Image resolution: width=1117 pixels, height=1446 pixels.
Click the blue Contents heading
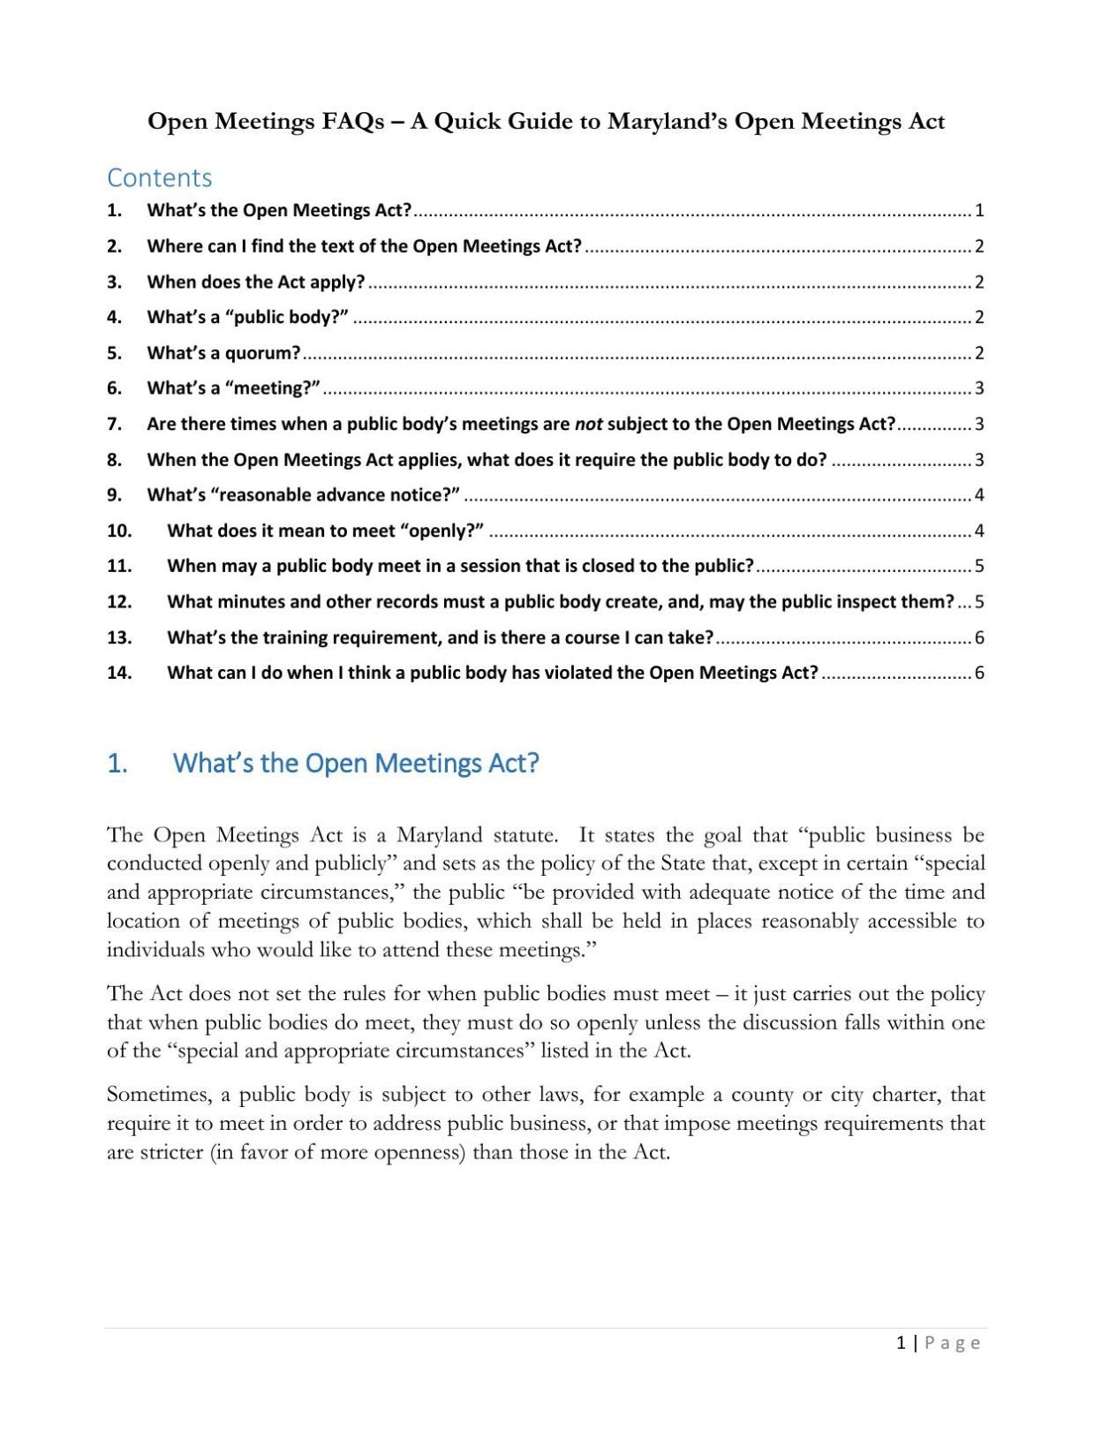pyautogui.click(x=159, y=177)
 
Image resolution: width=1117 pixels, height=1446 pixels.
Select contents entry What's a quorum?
pyautogui.click(x=223, y=353)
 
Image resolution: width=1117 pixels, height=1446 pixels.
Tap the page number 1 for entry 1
pyautogui.click(x=979, y=211)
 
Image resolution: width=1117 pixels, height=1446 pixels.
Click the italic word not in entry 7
pyautogui.click(x=588, y=424)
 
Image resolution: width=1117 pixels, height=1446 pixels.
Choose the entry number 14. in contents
pyautogui.click(x=119, y=673)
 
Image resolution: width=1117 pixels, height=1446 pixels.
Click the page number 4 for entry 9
pyautogui.click(x=979, y=495)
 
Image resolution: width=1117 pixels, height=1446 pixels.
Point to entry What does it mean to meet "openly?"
pyautogui.click(x=325, y=531)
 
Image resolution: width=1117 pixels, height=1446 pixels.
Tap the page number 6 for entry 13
pyautogui.click(x=979, y=637)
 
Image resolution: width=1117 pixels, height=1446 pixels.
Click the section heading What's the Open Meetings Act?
pyautogui.click(x=355, y=763)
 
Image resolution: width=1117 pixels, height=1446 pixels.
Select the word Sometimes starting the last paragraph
pyautogui.click(x=158, y=1095)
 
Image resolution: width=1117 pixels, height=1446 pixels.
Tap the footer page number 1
pyautogui.click(x=900, y=1343)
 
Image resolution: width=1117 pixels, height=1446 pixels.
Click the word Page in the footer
pyautogui.click(x=952, y=1343)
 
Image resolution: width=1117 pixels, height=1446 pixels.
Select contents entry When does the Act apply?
pyautogui.click(x=255, y=282)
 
